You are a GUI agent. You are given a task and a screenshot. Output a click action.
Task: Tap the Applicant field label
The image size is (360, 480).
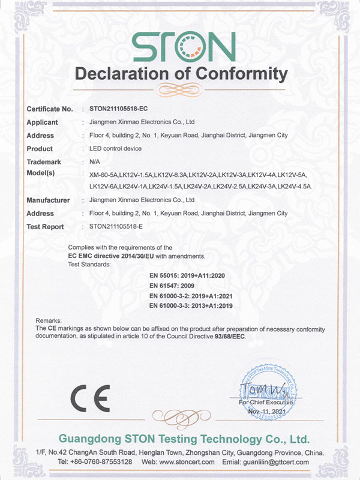pyautogui.click(x=43, y=122)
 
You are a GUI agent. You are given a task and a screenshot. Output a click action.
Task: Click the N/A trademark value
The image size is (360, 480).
pyautogui.click(x=94, y=162)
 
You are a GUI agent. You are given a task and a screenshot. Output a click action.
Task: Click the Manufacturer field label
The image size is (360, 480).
pyautogui.click(x=49, y=200)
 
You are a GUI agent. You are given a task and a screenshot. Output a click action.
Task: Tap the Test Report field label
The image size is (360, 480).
pyautogui.click(x=47, y=227)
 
